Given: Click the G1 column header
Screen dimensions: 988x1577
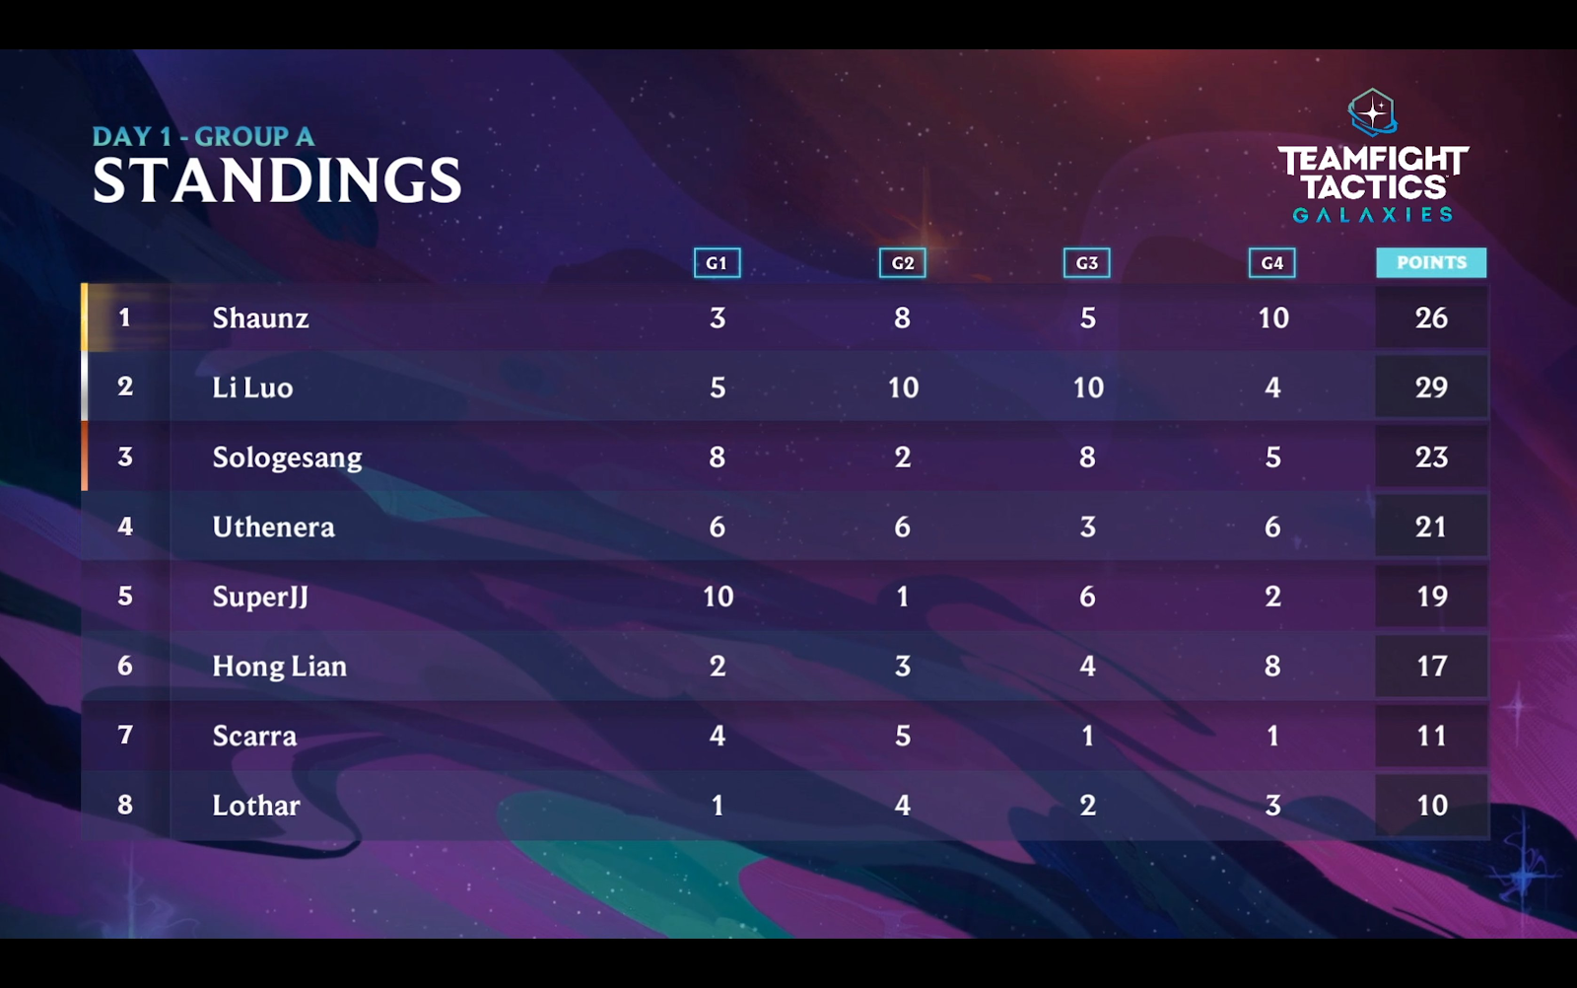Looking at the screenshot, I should point(717,263).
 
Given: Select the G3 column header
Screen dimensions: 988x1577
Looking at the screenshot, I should point(1086,263).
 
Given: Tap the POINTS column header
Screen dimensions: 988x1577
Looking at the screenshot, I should point(1431,262).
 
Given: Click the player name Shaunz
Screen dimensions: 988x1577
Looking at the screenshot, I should point(260,318).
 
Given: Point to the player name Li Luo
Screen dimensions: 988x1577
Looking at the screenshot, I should point(252,388).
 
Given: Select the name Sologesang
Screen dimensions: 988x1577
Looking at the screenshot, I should point(287,458).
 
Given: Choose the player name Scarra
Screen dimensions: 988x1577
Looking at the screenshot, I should point(254,736).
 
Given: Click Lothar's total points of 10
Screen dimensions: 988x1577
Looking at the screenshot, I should point(1431,806).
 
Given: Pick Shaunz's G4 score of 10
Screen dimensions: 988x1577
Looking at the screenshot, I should point(1272,318).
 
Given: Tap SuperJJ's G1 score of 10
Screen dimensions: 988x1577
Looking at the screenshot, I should point(718,597).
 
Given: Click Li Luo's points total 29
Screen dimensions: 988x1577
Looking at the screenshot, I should point(1431,388).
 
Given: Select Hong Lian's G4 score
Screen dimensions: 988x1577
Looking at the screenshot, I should point(1272,667).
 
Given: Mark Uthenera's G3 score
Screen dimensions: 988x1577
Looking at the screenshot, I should point(1087,527).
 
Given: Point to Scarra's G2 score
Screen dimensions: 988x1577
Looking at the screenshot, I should point(902,736).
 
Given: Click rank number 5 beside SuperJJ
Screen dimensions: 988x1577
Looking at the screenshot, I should point(125,597).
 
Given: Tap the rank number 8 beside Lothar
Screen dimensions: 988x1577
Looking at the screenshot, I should point(125,805).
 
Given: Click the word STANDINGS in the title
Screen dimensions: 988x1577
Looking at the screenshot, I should point(277,180).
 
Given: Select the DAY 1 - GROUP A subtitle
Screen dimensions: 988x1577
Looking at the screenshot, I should point(203,137).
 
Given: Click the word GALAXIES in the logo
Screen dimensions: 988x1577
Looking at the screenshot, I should point(1372,215).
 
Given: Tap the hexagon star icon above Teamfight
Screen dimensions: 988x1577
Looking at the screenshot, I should point(1372,111).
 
